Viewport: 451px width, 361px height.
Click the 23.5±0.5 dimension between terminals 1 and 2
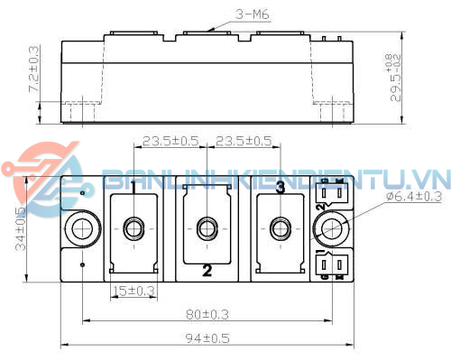(171, 142)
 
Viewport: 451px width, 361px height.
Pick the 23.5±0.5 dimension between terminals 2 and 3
(243, 142)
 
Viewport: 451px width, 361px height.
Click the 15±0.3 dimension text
(133, 291)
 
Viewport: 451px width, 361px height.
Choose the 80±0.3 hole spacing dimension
(207, 315)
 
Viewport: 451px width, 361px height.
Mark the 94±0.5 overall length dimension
(207, 339)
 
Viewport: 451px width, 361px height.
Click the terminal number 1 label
(133, 187)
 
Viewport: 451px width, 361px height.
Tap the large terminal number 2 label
(207, 270)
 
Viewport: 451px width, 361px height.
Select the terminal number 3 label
(281, 187)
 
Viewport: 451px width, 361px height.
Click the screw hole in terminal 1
(133, 228)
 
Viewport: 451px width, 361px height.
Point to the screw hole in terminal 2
(207, 228)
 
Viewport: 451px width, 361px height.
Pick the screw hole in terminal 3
(281, 228)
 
